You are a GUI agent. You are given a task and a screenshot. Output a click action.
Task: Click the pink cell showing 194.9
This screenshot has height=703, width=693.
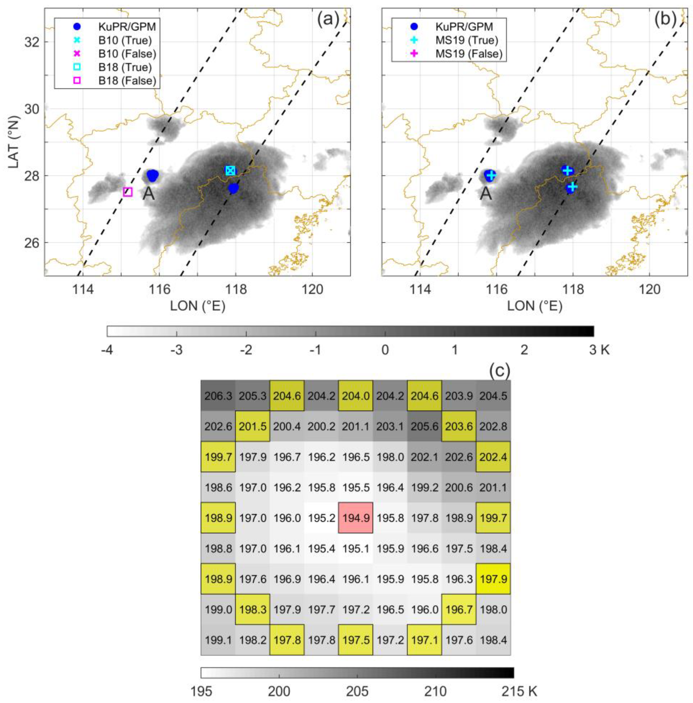(355, 518)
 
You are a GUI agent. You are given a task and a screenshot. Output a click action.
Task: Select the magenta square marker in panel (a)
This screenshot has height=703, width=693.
(127, 192)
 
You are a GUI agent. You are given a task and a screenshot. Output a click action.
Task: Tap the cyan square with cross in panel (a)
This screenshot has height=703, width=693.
(230, 170)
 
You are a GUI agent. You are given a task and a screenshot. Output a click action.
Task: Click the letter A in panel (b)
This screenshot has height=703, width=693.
(486, 194)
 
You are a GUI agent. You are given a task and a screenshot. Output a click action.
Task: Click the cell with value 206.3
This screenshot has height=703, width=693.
(218, 396)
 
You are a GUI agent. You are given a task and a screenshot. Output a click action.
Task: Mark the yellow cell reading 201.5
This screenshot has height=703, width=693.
(252, 426)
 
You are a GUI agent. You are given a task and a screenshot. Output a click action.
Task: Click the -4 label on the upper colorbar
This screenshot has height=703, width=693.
(108, 350)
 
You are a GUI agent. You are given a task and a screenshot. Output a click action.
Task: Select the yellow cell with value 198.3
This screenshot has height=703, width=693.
(252, 609)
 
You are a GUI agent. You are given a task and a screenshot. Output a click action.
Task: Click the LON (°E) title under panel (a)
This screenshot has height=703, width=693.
(198, 306)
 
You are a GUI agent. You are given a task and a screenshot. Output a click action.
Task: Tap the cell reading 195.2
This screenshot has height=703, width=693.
(321, 518)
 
